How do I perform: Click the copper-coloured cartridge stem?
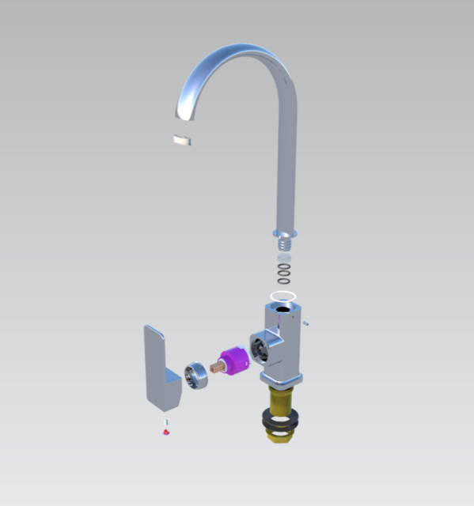[x=217, y=369]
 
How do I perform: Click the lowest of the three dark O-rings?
[x=283, y=281]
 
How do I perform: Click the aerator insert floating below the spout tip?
[x=183, y=141]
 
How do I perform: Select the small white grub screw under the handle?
[x=165, y=425]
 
